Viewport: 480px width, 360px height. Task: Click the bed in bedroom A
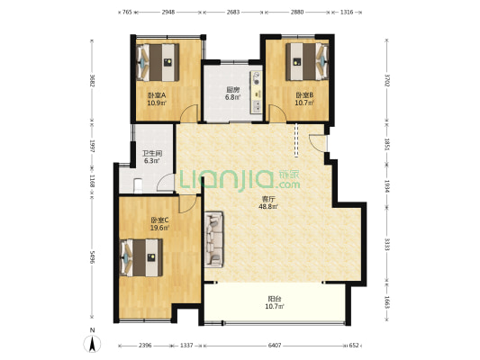coord(158,62)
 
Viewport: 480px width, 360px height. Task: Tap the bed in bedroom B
coord(307,61)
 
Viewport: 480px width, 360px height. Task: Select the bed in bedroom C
coord(141,257)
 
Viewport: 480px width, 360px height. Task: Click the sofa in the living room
coord(214,239)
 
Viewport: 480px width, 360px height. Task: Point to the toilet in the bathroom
coord(138,186)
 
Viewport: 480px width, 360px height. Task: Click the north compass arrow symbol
coord(92,344)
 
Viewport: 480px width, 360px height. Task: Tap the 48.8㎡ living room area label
coord(268,207)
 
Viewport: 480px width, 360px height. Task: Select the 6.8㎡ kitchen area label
coord(232,97)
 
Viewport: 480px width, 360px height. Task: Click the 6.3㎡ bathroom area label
coord(152,161)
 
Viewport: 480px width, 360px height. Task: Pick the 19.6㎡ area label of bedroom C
coord(159,228)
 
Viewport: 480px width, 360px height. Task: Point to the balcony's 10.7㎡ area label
coord(275,306)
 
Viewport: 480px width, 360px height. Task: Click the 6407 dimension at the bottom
coord(275,346)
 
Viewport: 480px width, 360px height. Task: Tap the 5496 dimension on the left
coord(92,257)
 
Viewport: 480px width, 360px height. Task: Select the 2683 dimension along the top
coord(233,13)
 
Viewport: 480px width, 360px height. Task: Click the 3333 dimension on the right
coord(386,245)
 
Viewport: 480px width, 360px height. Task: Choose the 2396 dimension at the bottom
coord(145,346)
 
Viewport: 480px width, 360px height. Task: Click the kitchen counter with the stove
coord(257,93)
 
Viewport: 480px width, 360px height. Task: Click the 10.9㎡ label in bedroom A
coord(157,103)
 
